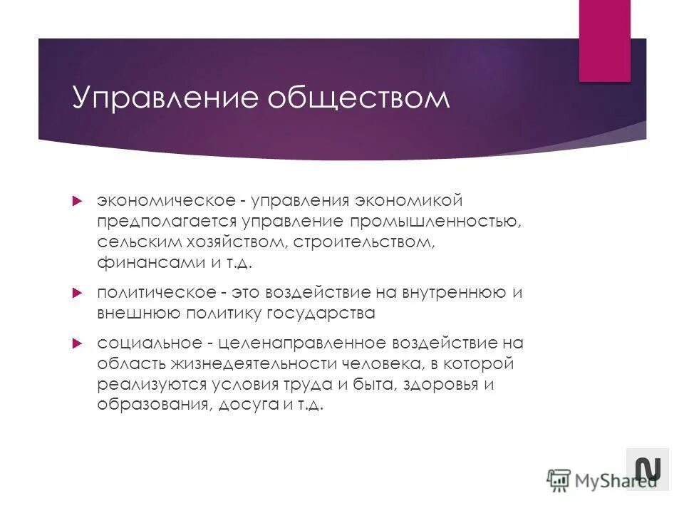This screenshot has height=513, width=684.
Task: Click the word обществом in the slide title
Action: click(356, 98)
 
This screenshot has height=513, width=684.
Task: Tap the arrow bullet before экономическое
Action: click(78, 202)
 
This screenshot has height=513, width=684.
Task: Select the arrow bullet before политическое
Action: click(78, 293)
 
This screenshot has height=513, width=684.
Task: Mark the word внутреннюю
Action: click(442, 293)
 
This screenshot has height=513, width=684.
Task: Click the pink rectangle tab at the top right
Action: click(604, 41)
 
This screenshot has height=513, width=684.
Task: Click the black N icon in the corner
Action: click(648, 469)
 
